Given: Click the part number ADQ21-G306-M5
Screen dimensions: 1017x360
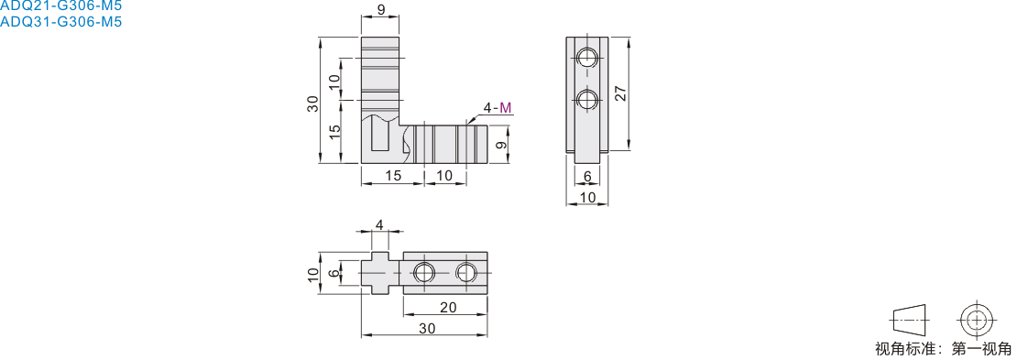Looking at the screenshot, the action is coord(60,5).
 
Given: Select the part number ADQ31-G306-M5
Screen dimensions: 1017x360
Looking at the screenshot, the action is coord(60,21).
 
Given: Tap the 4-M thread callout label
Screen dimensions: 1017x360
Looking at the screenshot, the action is coord(497,108).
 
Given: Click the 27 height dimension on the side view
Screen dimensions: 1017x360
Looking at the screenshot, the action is coord(621,94).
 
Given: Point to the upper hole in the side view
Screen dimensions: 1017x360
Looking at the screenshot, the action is coord(587,57).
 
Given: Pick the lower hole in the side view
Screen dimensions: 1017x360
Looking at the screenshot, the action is coord(587,100).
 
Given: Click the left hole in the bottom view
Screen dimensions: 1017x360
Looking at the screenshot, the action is coord(423,272).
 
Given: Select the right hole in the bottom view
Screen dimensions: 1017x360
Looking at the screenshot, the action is coord(466,272).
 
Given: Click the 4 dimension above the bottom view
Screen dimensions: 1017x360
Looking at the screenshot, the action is coord(380,224).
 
